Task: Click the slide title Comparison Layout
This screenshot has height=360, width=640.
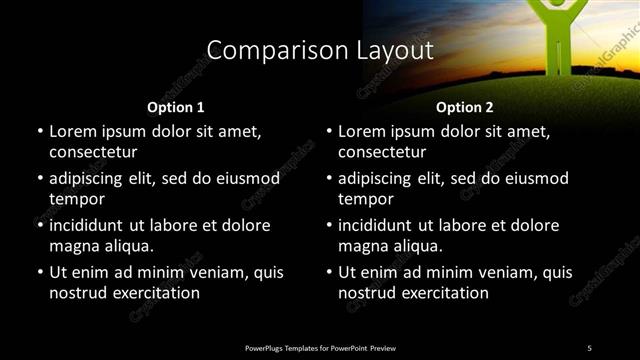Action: coord(320,50)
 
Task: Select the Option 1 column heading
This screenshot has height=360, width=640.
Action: coord(175,107)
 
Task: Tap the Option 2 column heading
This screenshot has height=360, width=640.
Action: coord(465,107)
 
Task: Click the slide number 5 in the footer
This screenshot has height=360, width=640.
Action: coord(589,347)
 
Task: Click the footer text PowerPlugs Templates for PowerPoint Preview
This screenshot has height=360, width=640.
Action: coord(320,347)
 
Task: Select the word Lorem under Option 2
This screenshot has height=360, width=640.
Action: coord(363,131)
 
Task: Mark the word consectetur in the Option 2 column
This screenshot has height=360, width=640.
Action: coord(382,152)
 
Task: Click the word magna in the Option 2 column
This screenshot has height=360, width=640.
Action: coord(362,246)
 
